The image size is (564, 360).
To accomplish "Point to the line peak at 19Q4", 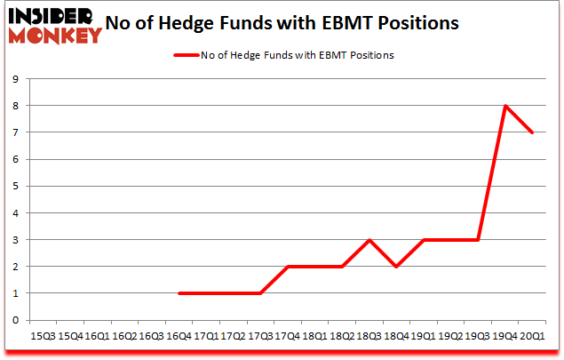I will (505, 106).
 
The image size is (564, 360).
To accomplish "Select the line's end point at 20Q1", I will (532, 132).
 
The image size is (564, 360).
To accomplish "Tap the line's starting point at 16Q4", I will (180, 293).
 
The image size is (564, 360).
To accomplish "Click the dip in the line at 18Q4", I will (397, 267).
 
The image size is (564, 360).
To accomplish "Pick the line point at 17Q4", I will (289, 267).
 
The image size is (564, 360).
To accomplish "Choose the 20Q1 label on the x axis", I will (532, 336).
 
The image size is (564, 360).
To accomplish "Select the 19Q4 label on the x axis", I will (505, 336).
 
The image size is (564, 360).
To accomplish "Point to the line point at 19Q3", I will (478, 240).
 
